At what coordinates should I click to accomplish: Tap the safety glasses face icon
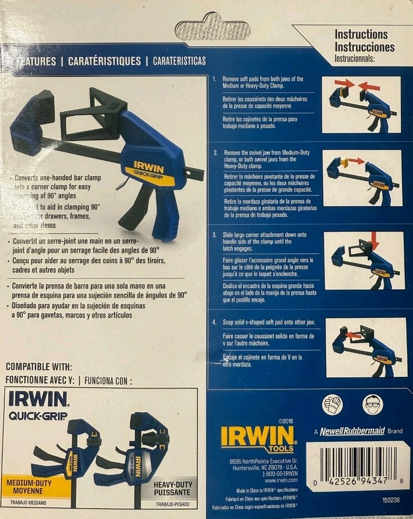(372, 404)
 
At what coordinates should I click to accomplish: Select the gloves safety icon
(333, 404)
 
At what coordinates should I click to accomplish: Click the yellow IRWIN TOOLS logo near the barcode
(258, 438)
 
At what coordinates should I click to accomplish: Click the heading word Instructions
(361, 35)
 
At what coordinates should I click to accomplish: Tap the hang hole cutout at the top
(214, 26)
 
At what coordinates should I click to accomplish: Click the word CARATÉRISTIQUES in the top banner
(104, 61)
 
